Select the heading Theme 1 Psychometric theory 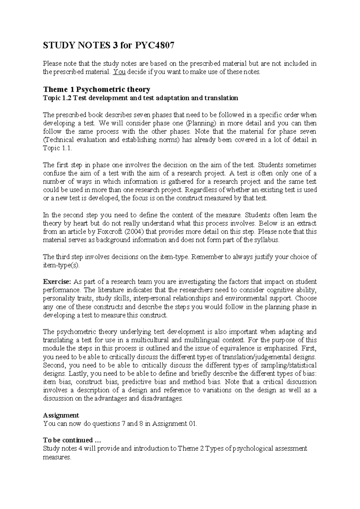click(x=97, y=89)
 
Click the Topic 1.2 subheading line click(x=140, y=98)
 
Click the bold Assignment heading click(x=61, y=415)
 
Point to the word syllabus click(x=268, y=240)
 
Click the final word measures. click(x=57, y=457)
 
